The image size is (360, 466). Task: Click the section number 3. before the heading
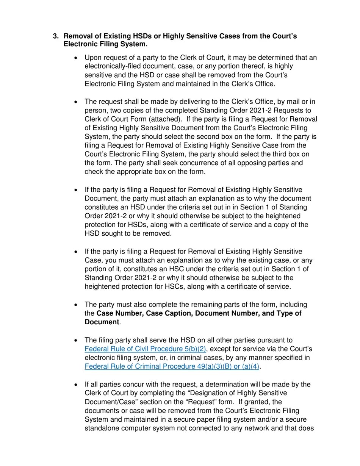[x=56, y=36]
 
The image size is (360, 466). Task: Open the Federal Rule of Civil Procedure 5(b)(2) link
[x=145, y=349]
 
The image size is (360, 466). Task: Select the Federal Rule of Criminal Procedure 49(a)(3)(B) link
[x=172, y=366]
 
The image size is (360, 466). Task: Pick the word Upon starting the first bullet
[x=93, y=58]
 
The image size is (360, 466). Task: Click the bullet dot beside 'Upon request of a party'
[x=76, y=58]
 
